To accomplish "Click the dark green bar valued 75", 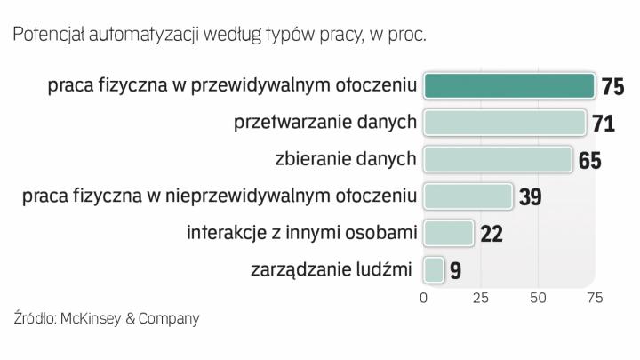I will [508, 85].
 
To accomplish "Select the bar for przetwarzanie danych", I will [504, 122].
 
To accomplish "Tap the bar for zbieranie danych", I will [497, 159].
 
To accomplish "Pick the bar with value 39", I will [468, 196].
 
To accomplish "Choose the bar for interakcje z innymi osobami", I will [448, 233].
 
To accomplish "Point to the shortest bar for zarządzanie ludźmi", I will [433, 269].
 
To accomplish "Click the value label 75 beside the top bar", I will [612, 86].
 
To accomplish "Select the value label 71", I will [604, 123].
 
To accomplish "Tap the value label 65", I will [589, 160].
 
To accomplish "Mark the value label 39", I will [530, 196].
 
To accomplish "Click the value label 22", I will [491, 234].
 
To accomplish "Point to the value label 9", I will [455, 270].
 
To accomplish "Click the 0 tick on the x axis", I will [424, 296].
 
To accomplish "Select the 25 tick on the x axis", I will [481, 296].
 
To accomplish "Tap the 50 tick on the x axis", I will [538, 296].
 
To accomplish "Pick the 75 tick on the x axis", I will [595, 296].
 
